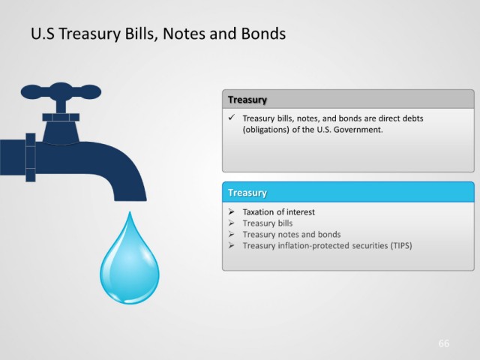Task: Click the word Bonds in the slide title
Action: [263, 33]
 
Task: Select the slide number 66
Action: [443, 343]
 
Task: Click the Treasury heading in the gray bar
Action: [247, 100]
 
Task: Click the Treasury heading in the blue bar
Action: [247, 193]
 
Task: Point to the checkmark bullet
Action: [232, 117]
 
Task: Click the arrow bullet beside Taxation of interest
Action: [232, 211]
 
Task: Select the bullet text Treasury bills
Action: [268, 223]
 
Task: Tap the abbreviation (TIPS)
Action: [400, 245]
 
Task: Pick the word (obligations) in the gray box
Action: [265, 130]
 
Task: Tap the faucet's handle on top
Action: [61, 91]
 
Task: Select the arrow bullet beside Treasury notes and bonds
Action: [232, 234]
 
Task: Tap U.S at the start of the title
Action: [43, 33]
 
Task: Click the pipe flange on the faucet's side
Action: [31, 157]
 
